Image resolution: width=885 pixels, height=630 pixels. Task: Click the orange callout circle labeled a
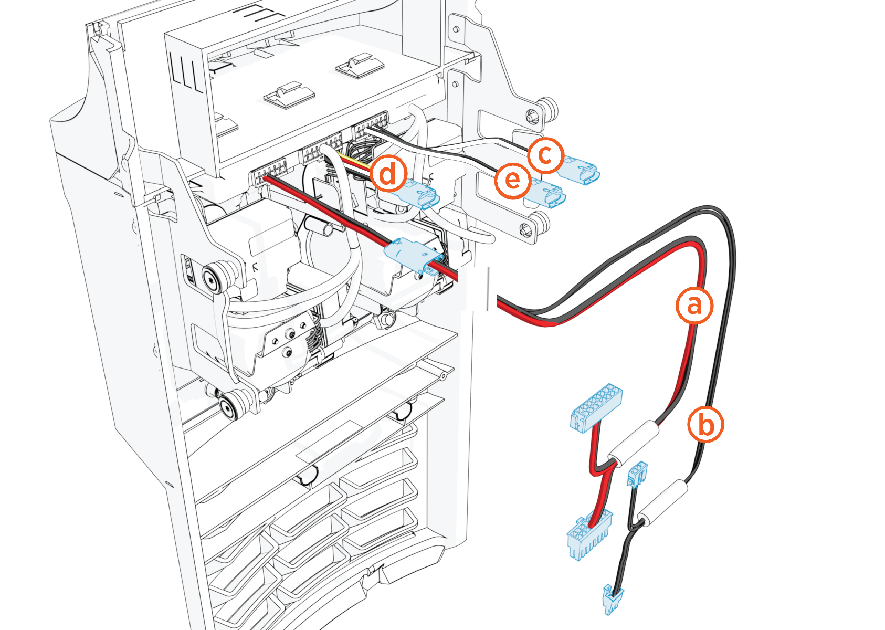[x=694, y=305]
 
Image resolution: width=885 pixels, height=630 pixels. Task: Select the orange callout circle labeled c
[x=545, y=156]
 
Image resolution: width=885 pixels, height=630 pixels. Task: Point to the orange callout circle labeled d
[x=388, y=174]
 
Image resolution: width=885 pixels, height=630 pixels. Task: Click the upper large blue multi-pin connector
[x=596, y=406]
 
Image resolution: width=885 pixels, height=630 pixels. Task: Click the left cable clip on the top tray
[x=289, y=95]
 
